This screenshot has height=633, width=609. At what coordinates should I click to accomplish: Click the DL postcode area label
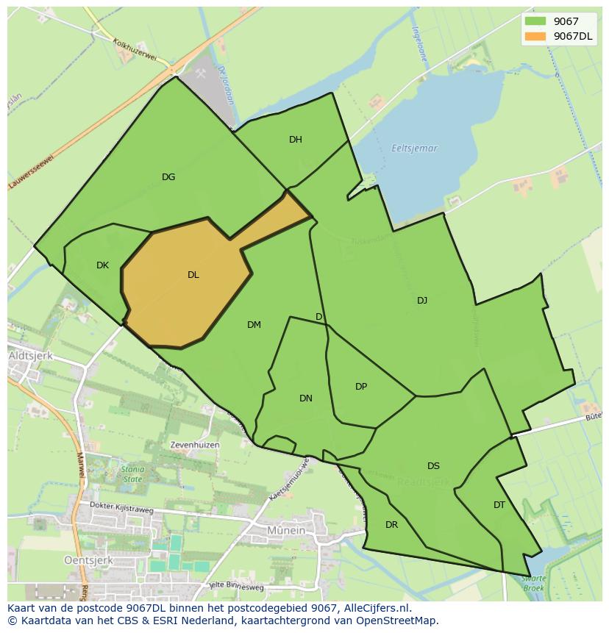193,275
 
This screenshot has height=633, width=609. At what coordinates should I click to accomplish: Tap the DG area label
168,176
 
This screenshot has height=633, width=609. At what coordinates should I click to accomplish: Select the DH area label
295,140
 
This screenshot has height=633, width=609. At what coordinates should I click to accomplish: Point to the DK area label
102,265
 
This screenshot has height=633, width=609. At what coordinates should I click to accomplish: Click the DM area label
254,325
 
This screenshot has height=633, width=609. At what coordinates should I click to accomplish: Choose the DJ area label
422,301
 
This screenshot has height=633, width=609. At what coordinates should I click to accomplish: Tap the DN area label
306,398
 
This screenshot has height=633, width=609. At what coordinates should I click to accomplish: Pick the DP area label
361,387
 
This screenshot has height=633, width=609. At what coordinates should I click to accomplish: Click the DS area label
433,466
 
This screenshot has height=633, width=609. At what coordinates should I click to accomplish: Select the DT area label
499,505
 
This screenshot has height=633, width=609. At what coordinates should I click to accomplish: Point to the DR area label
391,525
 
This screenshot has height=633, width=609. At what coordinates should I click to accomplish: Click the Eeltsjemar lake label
415,149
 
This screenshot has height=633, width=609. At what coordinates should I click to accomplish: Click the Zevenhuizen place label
194,445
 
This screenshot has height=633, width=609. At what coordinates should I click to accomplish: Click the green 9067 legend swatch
535,22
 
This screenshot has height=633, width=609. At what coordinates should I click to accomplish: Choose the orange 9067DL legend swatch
535,36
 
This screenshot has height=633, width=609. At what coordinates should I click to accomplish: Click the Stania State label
132,474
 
